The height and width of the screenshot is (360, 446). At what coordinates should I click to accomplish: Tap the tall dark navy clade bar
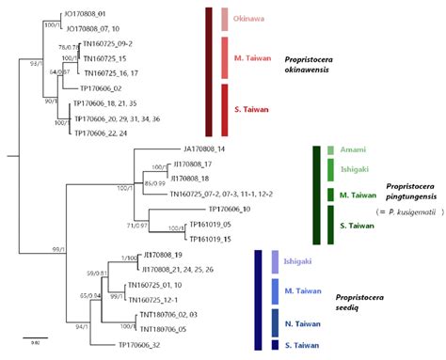click(258, 301)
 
